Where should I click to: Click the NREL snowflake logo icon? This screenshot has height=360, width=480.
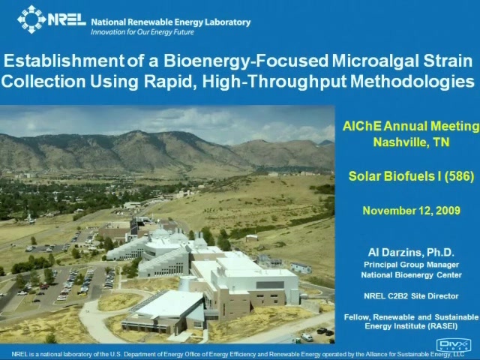[x=31, y=19]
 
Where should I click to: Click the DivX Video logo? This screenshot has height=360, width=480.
[x=454, y=345]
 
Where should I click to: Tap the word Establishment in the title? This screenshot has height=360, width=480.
[x=64, y=61]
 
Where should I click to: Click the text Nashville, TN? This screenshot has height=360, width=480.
[x=411, y=142]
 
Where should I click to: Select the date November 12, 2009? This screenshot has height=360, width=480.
[x=411, y=211]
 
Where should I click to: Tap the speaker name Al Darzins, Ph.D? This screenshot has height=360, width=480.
[x=411, y=252]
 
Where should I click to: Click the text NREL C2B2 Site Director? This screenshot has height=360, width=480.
[x=411, y=296]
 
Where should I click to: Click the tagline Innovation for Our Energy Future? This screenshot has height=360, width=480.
[x=142, y=32]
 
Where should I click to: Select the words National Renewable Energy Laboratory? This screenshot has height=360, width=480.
[x=171, y=22]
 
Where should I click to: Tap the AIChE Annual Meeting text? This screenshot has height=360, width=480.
[x=411, y=126]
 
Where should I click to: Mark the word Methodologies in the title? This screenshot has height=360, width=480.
[x=412, y=82]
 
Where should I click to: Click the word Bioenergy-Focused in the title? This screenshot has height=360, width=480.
[x=246, y=61]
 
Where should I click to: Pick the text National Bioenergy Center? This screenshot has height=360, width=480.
[x=411, y=275]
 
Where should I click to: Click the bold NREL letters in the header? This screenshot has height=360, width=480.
[x=67, y=19]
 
